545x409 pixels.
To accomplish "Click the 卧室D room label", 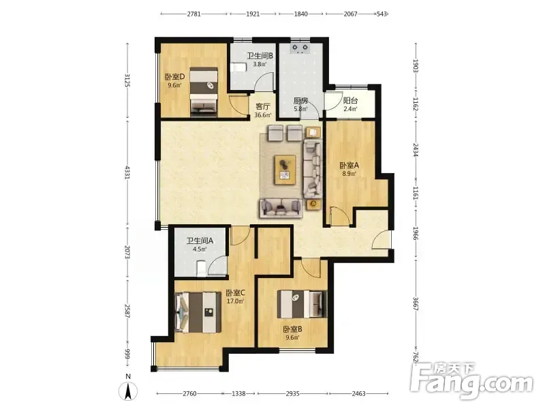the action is (x=175, y=76).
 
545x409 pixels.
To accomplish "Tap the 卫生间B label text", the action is (x=260, y=56).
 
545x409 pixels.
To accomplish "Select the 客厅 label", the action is (x=262, y=106).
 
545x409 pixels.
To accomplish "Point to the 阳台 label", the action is (x=350, y=100).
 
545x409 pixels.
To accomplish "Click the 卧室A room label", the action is (x=349, y=165).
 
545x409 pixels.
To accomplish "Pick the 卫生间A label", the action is (x=200, y=241).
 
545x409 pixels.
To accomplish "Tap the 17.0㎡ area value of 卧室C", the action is (x=235, y=301).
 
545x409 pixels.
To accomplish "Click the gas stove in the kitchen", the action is (x=300, y=48).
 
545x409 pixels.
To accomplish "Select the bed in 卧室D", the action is (x=204, y=92).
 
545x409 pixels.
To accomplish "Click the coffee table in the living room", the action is (x=285, y=170).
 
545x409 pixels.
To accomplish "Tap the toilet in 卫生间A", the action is (x=202, y=269).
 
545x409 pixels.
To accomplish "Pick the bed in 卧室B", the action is (x=302, y=304).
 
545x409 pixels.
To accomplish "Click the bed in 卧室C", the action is (x=198, y=312).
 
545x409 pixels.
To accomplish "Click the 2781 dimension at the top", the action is (x=194, y=14).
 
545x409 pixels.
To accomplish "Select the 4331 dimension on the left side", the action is (x=127, y=172).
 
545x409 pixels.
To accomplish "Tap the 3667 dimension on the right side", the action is (x=416, y=303).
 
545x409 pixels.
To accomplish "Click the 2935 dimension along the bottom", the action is (x=293, y=393).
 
